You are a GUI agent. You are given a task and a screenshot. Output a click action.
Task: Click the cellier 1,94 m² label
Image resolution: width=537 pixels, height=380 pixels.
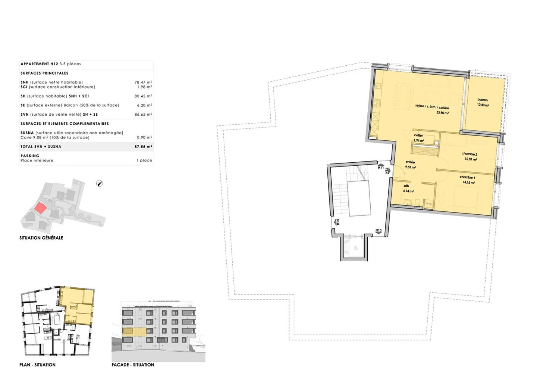tap(418, 138)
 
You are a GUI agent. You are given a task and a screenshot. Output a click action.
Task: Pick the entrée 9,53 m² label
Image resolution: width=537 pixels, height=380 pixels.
tap(410, 165)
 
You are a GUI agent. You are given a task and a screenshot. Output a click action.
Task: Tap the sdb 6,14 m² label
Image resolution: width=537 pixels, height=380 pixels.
tap(408, 189)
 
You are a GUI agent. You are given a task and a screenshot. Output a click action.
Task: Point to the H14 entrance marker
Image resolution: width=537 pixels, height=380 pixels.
tap(337, 222)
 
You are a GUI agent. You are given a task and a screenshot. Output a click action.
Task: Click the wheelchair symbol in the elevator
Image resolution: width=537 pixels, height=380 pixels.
tap(355, 247)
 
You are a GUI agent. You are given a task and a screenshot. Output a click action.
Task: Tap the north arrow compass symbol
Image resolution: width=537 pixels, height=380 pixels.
tap(99, 183)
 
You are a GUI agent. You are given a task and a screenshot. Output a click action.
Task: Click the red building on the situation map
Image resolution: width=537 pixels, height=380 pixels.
tap(40, 208)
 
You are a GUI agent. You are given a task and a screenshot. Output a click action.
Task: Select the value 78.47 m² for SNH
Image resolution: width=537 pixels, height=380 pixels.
tap(143, 82)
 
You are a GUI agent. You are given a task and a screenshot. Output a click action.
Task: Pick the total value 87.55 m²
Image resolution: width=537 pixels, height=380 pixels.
tap(143, 147)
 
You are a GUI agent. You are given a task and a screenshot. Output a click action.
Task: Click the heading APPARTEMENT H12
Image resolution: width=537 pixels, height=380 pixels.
tap(40, 64)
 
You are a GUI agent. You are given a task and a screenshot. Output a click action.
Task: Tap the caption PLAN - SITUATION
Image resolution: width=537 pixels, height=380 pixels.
tap(37, 365)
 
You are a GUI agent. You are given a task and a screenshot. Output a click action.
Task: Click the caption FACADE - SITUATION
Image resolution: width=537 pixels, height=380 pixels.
tap(133, 365)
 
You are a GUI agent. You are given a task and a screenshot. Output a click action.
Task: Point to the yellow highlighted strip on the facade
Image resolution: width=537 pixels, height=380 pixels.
tap(134, 331)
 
